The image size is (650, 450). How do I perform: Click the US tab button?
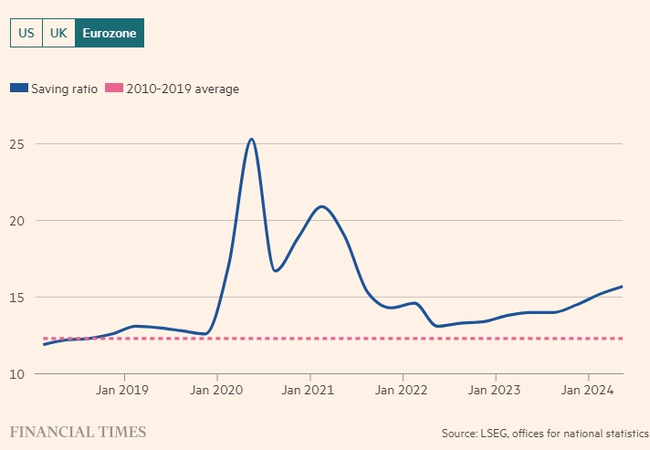pyautogui.click(x=26, y=33)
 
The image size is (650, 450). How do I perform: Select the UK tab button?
pyautogui.click(x=58, y=33)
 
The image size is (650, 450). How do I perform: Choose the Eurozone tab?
pyautogui.click(x=110, y=33)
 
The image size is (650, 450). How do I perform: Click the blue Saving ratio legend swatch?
pyautogui.click(x=18, y=89)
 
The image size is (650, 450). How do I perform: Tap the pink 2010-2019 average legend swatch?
pyautogui.click(x=114, y=89)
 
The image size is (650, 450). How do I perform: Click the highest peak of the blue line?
pyautogui.click(x=251, y=139)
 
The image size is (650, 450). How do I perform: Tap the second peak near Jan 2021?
pyautogui.click(x=321, y=206)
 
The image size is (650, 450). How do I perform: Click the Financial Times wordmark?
pyautogui.click(x=78, y=431)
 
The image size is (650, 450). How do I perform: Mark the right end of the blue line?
pyautogui.click(x=623, y=287)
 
